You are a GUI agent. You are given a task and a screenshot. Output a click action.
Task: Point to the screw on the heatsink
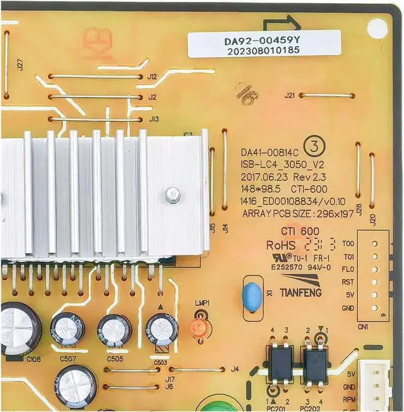pos(172,196)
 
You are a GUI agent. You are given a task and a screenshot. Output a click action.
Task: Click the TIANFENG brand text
pos(300,293)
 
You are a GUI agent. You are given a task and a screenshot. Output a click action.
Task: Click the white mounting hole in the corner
pos(377,27)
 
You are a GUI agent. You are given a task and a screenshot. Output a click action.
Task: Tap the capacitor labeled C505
pos(114,330)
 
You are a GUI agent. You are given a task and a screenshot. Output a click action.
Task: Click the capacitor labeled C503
pos(162,329)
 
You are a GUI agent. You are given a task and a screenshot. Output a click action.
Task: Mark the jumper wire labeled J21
pos(326,95)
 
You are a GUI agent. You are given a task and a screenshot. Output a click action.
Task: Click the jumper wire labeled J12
pos(95,76)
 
